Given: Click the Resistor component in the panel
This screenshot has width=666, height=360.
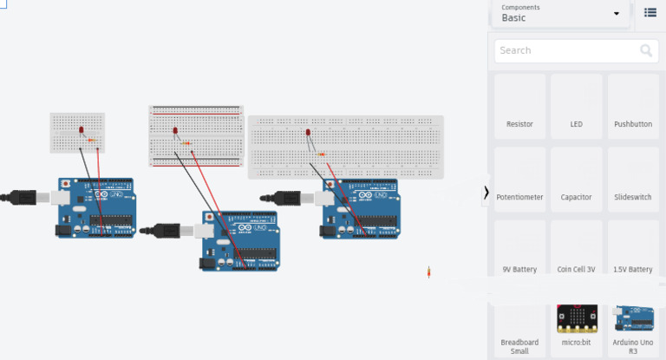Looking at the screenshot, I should click(x=519, y=107).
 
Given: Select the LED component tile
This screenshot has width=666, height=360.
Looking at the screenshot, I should click(x=576, y=107).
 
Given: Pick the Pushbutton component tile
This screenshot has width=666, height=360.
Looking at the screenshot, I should click(x=632, y=107).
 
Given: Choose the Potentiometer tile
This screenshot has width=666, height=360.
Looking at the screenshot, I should click(x=519, y=180).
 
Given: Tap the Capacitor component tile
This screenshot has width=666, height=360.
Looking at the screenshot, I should click(x=576, y=180).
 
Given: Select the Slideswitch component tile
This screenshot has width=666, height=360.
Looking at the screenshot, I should click(x=632, y=180).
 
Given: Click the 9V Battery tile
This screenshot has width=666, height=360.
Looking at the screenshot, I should click(x=519, y=252).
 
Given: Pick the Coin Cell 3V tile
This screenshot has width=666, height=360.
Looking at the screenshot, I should click(x=576, y=252).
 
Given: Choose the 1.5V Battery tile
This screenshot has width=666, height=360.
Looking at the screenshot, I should click(x=632, y=252).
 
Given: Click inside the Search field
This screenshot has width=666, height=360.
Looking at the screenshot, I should click(x=564, y=50).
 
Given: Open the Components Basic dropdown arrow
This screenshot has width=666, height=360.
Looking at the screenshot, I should click(x=617, y=14).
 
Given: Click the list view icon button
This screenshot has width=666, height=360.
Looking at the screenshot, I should click(x=650, y=12).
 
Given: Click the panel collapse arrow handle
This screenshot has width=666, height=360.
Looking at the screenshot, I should click(x=486, y=192).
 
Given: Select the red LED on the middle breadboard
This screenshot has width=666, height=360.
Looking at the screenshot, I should click(x=174, y=132).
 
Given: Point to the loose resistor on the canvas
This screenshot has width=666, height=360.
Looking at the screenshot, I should click(x=429, y=272).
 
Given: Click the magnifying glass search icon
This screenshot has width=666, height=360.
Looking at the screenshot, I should click(x=646, y=50).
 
